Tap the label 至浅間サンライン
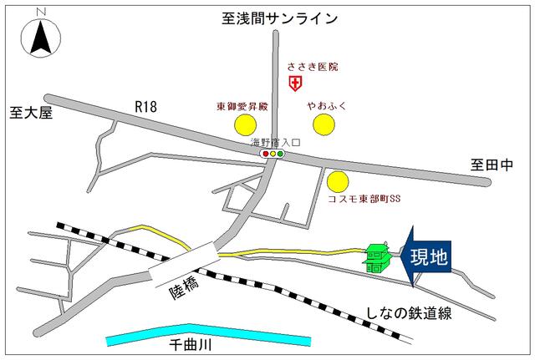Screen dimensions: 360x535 pos(279,17)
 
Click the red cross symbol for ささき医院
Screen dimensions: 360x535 pos(294,83)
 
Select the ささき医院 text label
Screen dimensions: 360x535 pos(313,66)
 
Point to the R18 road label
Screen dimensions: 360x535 pos(146,105)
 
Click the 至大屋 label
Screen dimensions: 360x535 pos(31,112)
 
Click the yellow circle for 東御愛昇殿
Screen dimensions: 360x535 pos(244,125)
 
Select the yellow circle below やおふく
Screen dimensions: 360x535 pos(324,125)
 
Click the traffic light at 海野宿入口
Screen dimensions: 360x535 pos(273,154)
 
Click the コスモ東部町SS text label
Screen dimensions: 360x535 pos(364,200)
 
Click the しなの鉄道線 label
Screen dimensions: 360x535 pos(410,313)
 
